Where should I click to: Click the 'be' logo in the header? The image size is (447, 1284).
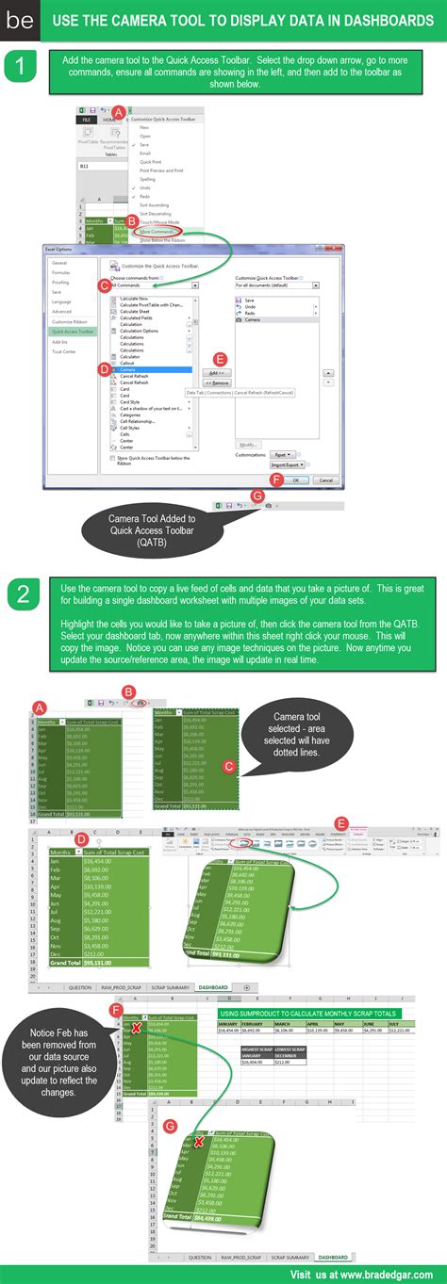pyautogui.click(x=19, y=22)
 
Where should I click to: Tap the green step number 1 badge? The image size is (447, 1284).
pyautogui.click(x=19, y=67)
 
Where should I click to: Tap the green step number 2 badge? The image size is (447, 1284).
pyautogui.click(x=21, y=594)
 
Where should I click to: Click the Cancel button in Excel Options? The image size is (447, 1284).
pyautogui.click(x=325, y=479)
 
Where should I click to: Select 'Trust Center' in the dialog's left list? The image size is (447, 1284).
pyautogui.click(x=64, y=351)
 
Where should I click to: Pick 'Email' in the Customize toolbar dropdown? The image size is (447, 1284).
pyautogui.click(x=145, y=153)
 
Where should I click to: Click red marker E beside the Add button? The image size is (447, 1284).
pyautogui.click(x=221, y=359)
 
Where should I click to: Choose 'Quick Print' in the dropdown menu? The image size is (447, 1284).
pyautogui.click(x=150, y=161)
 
